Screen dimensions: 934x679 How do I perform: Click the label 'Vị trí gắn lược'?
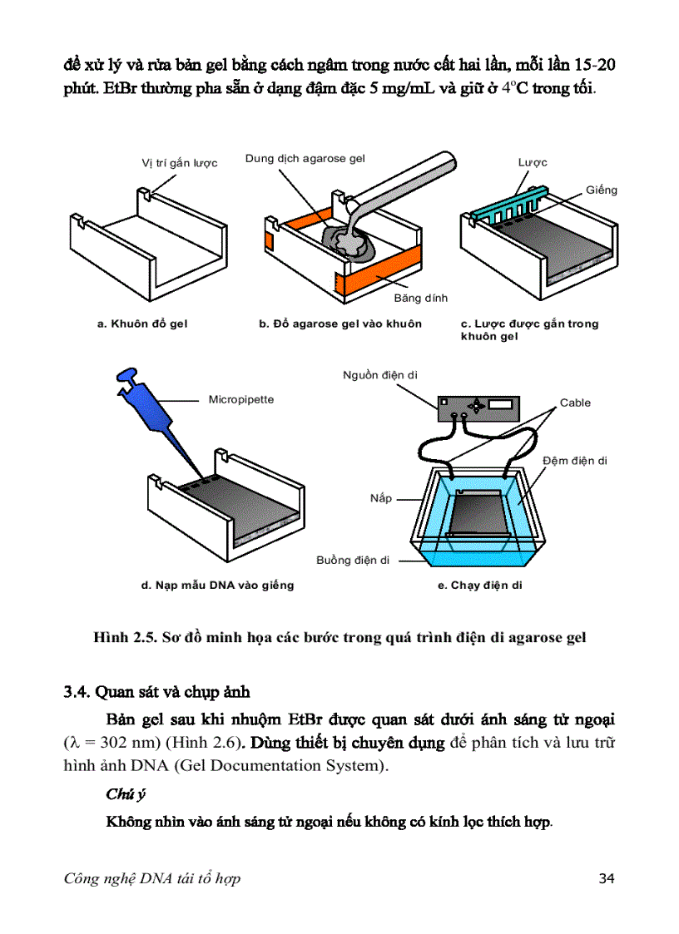pos(179,163)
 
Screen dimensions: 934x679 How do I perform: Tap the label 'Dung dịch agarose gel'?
pos(305,158)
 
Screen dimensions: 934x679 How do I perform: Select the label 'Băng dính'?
pos(420,298)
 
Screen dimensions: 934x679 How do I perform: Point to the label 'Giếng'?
pos(601,190)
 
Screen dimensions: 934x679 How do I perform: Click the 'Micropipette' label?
pos(240,400)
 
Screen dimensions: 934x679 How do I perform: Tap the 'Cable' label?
pos(575,403)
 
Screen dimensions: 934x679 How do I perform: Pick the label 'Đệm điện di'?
pos(574,461)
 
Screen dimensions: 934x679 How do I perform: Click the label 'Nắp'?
pos(380,499)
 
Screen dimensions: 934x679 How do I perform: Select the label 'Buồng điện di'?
pos(353,560)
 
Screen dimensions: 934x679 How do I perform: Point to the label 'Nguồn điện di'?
pos(380,376)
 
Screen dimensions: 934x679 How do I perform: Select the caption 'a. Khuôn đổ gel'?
pos(142,324)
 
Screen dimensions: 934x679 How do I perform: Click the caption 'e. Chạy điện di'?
pos(480,586)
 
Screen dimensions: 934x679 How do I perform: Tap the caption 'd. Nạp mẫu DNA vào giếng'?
pos(217,586)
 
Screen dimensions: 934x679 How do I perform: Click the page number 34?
pos(606,878)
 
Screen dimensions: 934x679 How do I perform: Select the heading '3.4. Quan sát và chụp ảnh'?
pos(156,691)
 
